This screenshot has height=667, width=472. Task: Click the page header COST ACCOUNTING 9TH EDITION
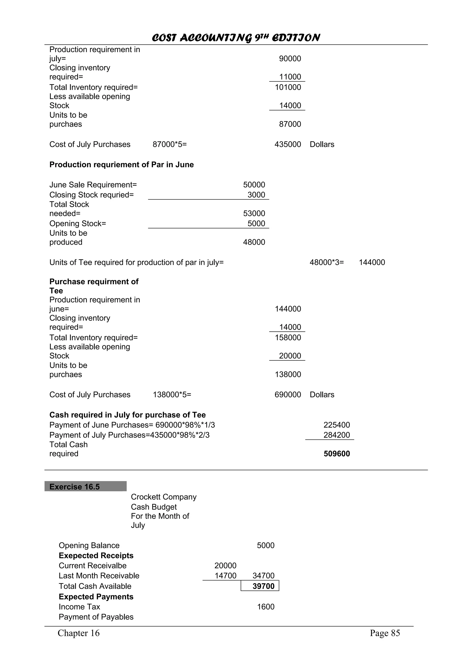[236, 38]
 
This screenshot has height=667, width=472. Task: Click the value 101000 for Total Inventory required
[288, 87]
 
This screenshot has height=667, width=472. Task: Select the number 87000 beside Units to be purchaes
[290, 124]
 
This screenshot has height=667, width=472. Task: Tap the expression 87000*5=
[170, 144]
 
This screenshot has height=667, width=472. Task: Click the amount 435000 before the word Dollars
[287, 144]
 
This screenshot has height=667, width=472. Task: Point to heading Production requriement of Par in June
[121, 165]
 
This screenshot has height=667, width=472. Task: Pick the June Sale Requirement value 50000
[254, 185]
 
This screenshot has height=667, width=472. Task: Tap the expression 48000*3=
[326, 262]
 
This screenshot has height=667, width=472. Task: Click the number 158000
[288, 338]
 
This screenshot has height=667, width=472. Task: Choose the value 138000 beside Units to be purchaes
[288, 374]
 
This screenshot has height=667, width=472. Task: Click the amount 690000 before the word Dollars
[287, 394]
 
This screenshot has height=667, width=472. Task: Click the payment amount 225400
[336, 425]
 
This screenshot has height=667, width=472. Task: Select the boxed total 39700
[263, 586]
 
